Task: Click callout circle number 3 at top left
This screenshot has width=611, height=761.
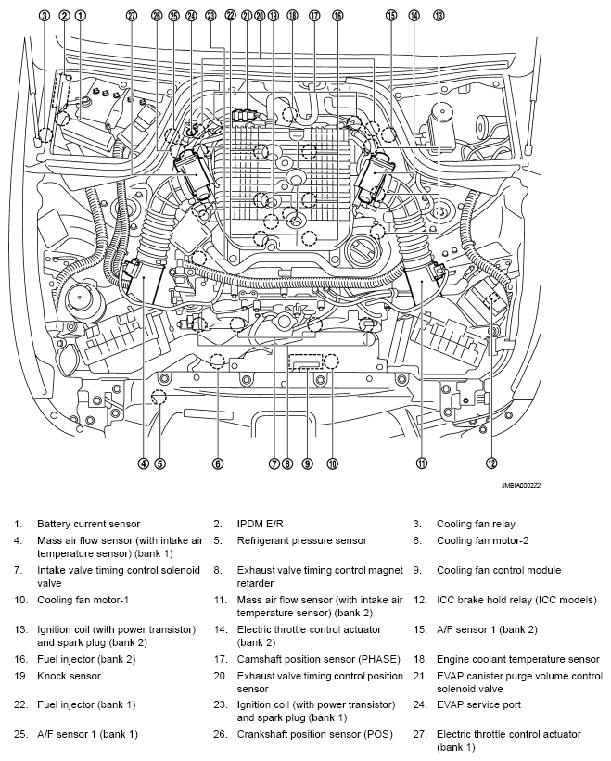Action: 44,16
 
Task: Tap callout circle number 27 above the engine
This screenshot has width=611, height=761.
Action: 131,16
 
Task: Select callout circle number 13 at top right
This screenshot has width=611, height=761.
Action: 438,16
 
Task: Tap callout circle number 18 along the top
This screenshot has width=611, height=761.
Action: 292,16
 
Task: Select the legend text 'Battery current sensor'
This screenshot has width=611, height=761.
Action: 88,524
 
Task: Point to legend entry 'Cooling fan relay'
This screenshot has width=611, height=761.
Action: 477,524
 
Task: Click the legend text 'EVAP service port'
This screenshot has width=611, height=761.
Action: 478,704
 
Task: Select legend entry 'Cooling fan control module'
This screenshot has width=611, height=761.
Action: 499,570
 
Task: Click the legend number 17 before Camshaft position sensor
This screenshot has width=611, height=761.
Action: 218,659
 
